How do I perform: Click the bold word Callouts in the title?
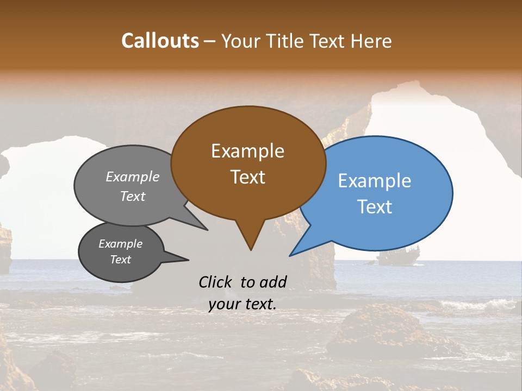point(160,41)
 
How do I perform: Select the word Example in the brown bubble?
point(247,151)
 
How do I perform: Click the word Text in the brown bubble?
point(247,177)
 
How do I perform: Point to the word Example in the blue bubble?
point(374,181)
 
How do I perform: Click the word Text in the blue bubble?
point(374,207)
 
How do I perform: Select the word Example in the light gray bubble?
point(133,177)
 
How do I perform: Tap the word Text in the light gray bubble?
point(133,196)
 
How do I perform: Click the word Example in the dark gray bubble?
point(120,244)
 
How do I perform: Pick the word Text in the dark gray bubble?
point(120,260)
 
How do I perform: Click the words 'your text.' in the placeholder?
point(242,305)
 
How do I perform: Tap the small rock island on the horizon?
point(399,256)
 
